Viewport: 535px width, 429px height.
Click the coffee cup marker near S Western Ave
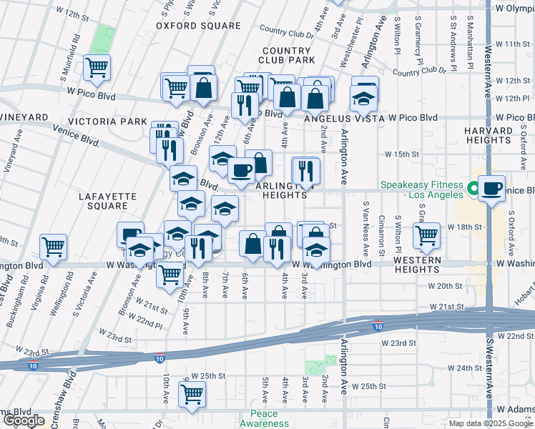[x=491, y=189]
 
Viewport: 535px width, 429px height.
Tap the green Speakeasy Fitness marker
[x=472, y=189]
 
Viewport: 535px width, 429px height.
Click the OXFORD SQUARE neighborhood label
[x=199, y=26]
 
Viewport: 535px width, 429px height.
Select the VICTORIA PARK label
[x=113, y=122]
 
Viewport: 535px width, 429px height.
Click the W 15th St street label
[x=401, y=154]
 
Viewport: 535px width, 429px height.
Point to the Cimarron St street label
[x=382, y=238]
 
